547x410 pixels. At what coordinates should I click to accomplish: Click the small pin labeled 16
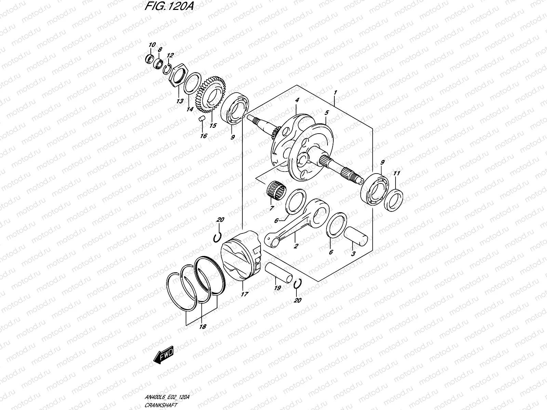[x=202, y=119]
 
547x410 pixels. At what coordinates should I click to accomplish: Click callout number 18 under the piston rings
[x=203, y=327]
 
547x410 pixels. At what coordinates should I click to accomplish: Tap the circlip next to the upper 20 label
[x=217, y=238]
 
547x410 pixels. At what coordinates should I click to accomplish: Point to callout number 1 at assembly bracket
[x=336, y=83]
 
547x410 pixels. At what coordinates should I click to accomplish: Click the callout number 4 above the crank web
[x=297, y=100]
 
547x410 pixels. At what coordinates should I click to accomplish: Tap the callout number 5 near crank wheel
[x=326, y=112]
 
